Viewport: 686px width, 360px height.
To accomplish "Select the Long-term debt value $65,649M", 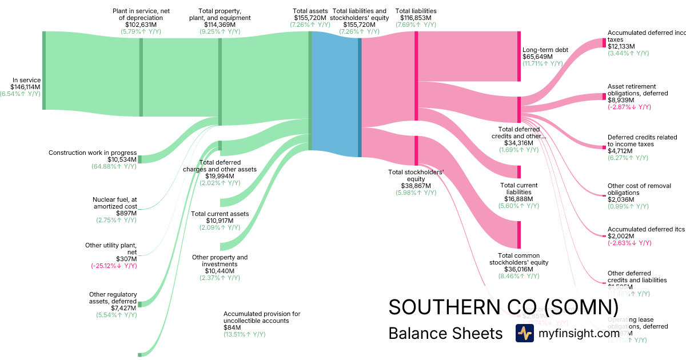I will coord(539,57).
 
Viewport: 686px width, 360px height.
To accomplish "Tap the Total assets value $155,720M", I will coord(310,18).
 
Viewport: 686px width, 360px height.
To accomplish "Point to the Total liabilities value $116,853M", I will coord(416,18).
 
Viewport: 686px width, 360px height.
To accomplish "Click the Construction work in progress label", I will coord(93,153).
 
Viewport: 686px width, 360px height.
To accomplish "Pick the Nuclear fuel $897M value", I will coord(126,213).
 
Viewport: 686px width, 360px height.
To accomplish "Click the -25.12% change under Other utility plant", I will coord(114,266).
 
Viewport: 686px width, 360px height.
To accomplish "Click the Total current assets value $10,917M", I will coord(220,221).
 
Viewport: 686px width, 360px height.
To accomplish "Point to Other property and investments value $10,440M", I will coord(220,271).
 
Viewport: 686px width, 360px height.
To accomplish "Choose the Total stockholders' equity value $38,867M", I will coord(416,186).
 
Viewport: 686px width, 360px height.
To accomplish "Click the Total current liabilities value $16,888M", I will coord(519,199).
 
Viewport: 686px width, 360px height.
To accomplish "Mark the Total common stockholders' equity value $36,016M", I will coord(519,269).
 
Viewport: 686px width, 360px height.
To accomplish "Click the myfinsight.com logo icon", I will coord(524,333).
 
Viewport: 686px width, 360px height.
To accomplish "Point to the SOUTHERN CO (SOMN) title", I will coord(503,307).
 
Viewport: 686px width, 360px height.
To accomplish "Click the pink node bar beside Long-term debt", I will coord(519,56).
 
